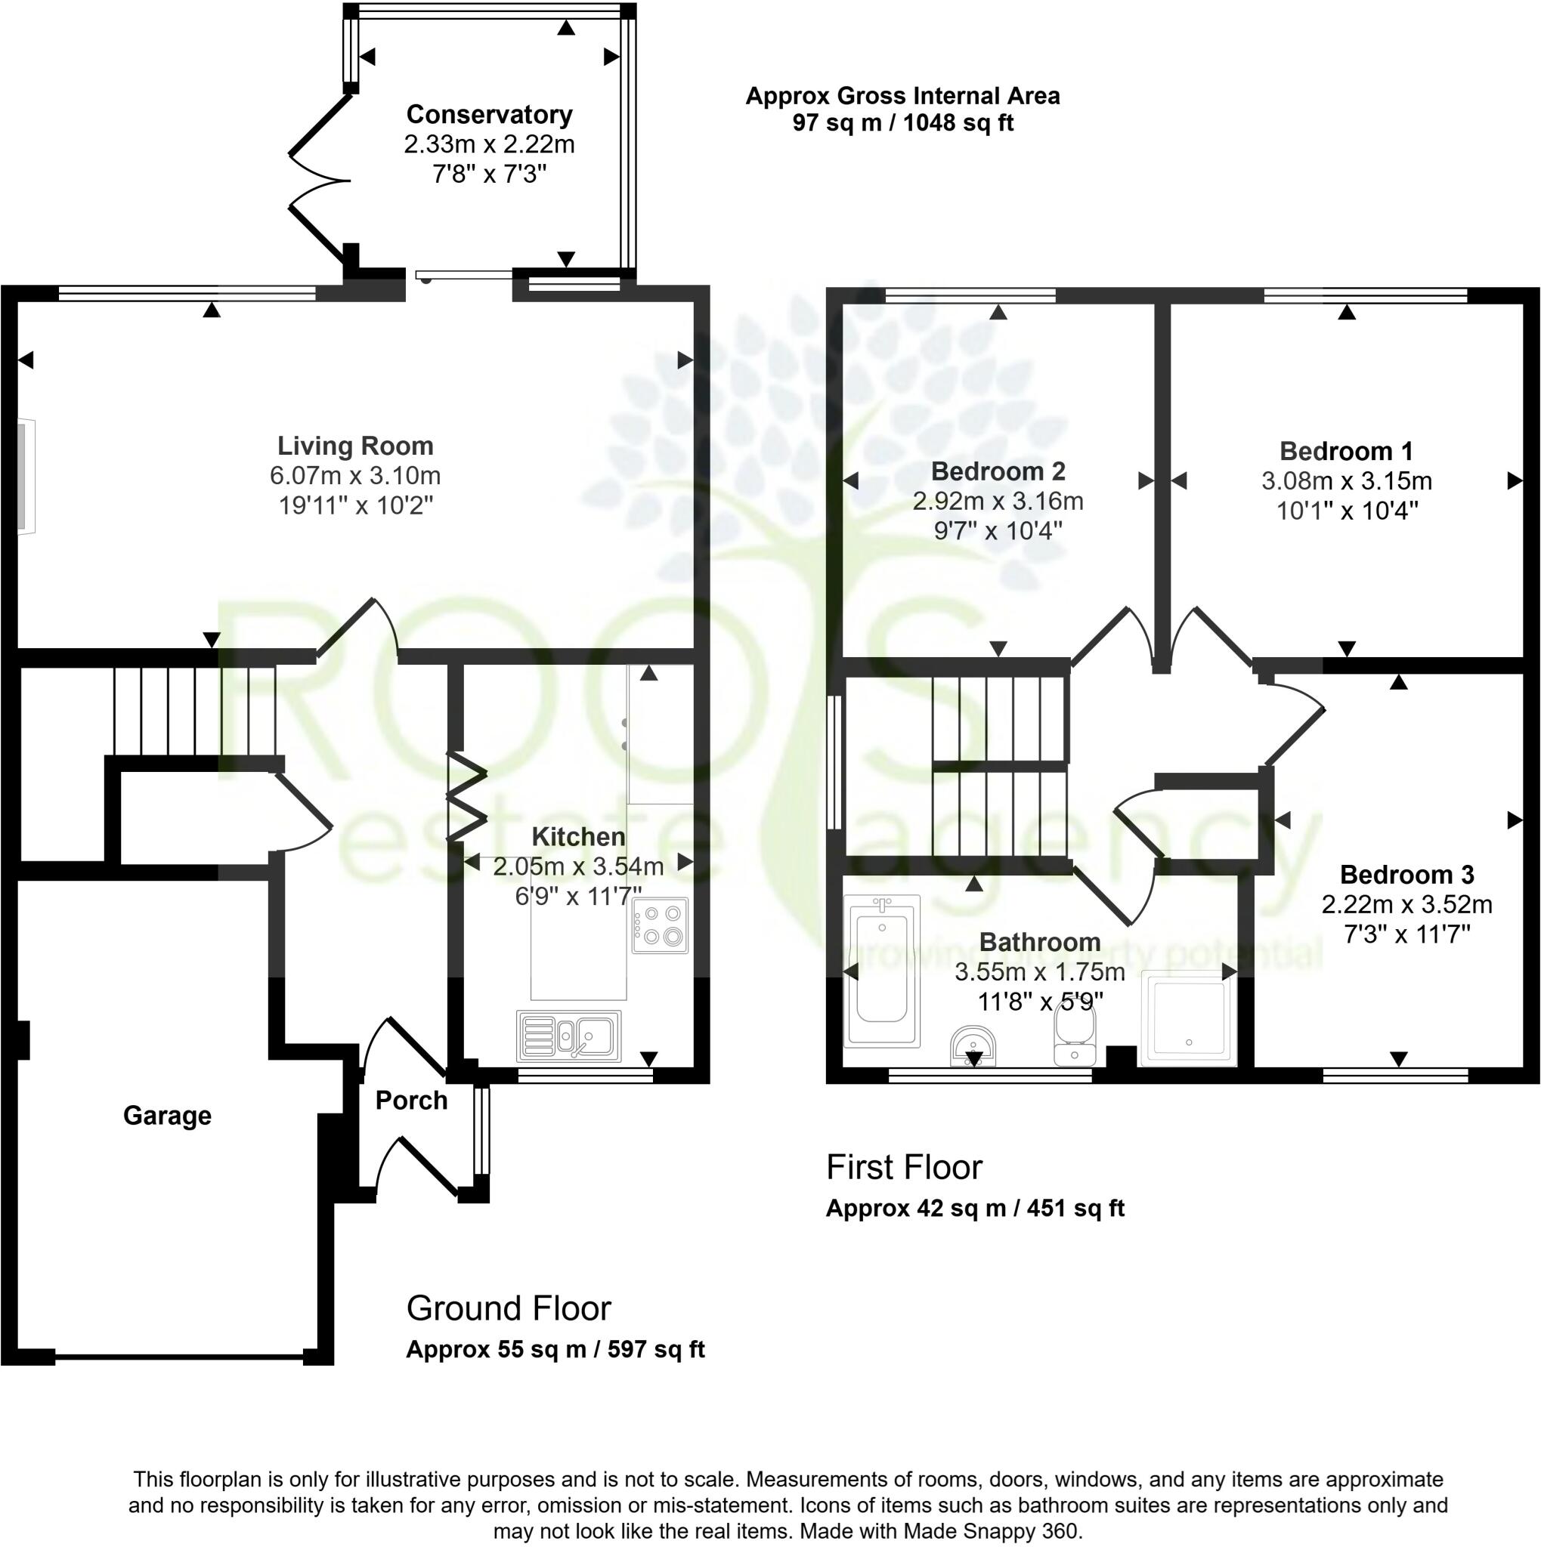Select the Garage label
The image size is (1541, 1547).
[x=167, y=1116]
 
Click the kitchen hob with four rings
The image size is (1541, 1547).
[x=660, y=925]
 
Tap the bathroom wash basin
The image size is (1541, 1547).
[x=974, y=1046]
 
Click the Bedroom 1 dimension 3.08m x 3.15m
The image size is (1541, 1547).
[x=1346, y=481]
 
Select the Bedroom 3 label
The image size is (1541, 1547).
[x=1406, y=875]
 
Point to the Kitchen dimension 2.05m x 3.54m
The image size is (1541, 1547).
[x=578, y=866]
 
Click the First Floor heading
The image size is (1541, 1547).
[x=903, y=1168]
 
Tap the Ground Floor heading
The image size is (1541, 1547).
[x=509, y=1308]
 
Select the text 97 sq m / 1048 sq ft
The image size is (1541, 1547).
[x=902, y=123]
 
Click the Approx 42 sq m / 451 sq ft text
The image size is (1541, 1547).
[x=975, y=1209]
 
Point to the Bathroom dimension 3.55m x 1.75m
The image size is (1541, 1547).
[x=1040, y=972]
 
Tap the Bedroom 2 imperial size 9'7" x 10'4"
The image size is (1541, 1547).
[x=998, y=531]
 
